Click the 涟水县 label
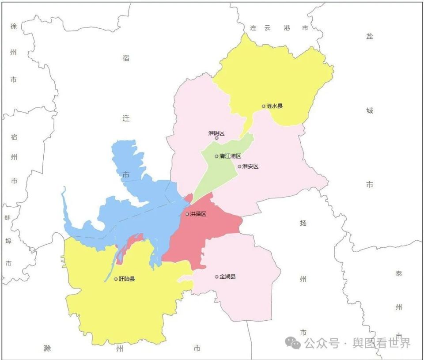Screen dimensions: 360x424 click(x=274, y=106)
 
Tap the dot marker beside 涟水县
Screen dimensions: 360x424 click(x=264, y=106)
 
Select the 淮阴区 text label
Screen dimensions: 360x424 click(x=216, y=133)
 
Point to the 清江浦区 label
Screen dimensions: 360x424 click(x=230, y=156)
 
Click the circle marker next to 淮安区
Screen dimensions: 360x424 click(x=239, y=167)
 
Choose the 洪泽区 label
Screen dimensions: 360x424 click(x=198, y=214)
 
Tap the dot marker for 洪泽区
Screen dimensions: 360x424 click(x=187, y=214)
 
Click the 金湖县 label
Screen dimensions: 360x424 click(x=227, y=277)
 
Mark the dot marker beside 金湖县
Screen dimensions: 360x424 click(x=216, y=277)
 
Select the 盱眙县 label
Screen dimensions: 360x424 click(x=127, y=279)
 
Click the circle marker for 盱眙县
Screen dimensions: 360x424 click(x=116, y=279)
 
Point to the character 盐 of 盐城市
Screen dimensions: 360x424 click(x=369, y=36)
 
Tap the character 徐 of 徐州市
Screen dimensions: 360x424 click(x=13, y=27)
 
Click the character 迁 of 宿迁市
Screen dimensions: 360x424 click(x=126, y=118)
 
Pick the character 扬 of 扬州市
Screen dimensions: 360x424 click(x=303, y=223)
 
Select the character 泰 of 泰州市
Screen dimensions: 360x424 click(x=399, y=273)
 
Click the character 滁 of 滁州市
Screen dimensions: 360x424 click(x=48, y=349)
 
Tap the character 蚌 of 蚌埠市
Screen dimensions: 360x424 click(x=8, y=218)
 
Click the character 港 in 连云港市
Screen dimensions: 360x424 click(x=288, y=28)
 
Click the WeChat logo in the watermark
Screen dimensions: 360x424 click(x=292, y=342)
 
